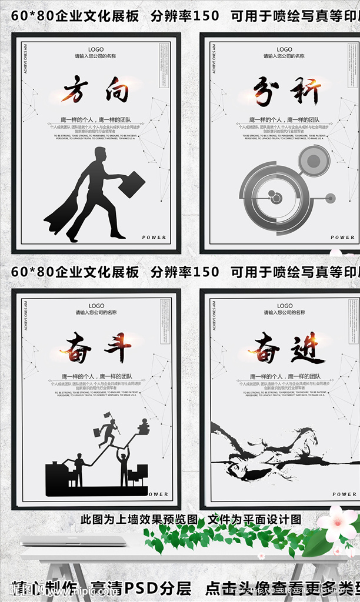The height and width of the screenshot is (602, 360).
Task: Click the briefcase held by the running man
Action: (132, 184)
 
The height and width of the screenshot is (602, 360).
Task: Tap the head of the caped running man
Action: (100, 155)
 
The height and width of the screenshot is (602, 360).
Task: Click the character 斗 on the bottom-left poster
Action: (118, 347)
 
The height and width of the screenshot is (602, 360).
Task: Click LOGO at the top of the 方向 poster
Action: (96, 50)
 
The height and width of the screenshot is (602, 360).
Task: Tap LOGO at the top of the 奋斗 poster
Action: (96, 306)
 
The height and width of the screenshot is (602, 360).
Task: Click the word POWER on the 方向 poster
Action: (154, 238)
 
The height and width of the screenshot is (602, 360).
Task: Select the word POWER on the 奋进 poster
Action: (344, 494)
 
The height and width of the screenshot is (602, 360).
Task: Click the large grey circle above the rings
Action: (314, 160)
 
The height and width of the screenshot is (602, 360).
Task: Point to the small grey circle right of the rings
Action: (330, 198)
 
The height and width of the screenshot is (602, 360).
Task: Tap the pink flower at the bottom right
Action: (338, 524)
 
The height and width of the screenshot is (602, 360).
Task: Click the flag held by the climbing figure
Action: (107, 415)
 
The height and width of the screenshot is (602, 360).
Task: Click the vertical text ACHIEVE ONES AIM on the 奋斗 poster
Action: (25, 315)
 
